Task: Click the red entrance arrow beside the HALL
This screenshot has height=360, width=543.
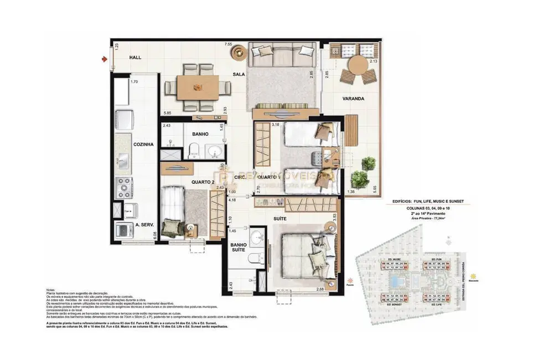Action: (105, 58)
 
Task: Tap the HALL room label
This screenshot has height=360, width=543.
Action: (136, 58)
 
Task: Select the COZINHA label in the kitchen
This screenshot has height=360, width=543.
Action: (142, 143)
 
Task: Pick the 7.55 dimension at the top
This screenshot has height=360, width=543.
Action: (228, 44)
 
